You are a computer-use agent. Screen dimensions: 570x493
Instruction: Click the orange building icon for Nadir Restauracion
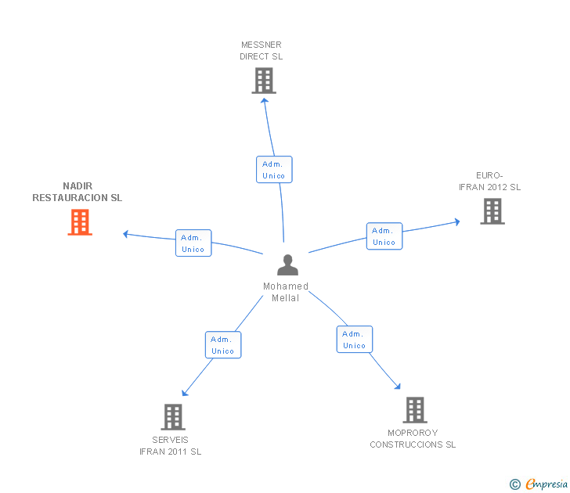point(80,222)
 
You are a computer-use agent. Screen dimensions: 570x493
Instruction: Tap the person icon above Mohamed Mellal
point(287,264)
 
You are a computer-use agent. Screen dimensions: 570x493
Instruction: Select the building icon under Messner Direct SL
point(264,81)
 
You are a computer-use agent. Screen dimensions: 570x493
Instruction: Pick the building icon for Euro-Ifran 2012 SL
point(492,211)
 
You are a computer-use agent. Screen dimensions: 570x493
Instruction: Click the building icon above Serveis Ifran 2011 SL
point(173,417)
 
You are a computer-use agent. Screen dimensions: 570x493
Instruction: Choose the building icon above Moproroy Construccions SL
point(415,410)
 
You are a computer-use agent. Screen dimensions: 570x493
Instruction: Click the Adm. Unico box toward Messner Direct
point(274,170)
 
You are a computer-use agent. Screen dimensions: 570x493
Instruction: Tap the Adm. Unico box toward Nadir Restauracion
point(193,243)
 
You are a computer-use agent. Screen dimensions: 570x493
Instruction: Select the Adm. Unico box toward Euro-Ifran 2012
point(384,236)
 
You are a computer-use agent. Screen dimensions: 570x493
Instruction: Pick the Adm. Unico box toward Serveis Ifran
point(223,345)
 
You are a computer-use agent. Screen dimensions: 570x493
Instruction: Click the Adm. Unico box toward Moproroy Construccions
point(355,340)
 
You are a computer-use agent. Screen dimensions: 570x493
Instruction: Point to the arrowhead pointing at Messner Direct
point(265,101)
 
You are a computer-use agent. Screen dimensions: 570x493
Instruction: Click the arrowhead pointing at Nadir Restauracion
point(126,234)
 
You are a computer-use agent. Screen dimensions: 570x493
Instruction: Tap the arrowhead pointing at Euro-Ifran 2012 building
point(457,222)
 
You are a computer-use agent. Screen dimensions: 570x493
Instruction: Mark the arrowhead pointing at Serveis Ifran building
point(185,393)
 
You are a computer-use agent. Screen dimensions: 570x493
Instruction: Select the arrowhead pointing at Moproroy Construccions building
point(397,387)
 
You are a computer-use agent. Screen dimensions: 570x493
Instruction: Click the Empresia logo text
point(547,484)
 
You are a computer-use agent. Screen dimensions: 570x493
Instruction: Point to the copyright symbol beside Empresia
point(515,484)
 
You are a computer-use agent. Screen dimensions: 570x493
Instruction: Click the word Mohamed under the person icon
point(286,286)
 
